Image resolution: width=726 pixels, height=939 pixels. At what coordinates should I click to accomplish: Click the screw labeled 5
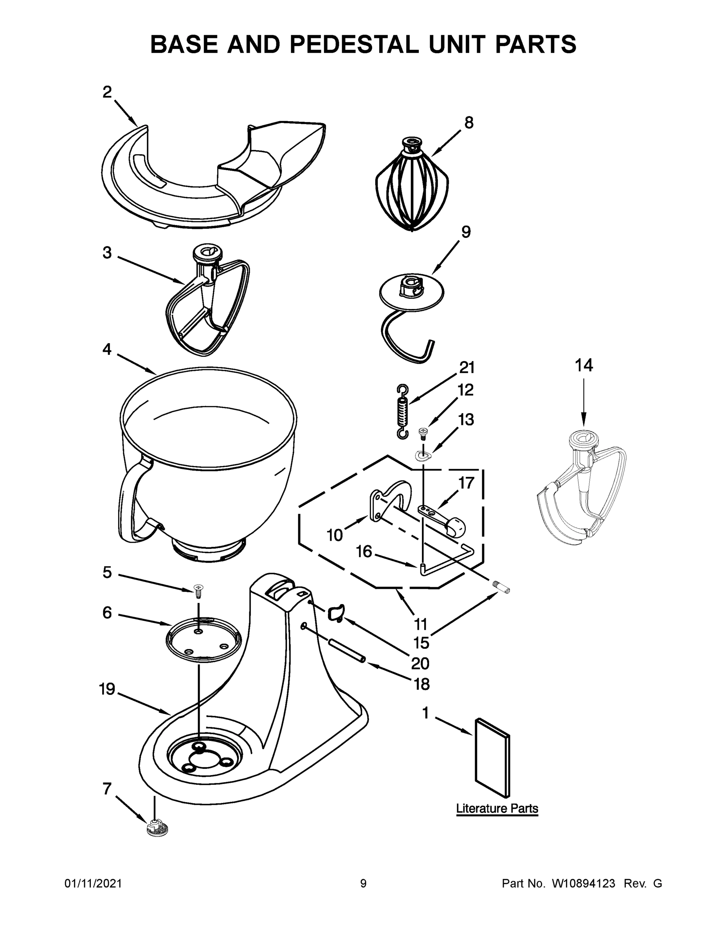tap(199, 591)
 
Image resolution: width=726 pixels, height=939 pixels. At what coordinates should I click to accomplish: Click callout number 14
tap(584, 365)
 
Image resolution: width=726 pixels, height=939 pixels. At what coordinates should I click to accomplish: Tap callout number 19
tap(107, 689)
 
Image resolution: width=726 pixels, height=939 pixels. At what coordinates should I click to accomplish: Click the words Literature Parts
tap(497, 808)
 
